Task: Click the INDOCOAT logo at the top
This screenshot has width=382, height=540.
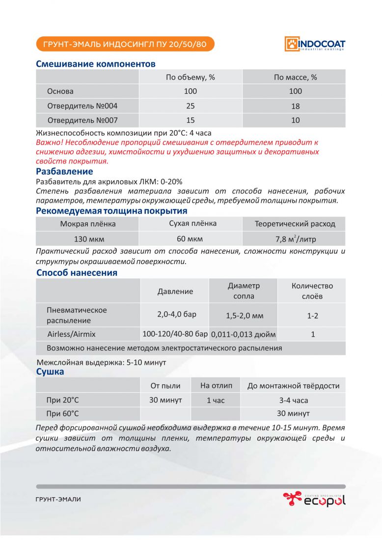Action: point(315,44)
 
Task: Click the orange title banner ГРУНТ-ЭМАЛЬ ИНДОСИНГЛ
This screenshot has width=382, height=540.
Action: point(125,44)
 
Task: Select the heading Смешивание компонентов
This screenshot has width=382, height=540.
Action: point(96,64)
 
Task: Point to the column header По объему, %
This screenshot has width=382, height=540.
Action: point(191,77)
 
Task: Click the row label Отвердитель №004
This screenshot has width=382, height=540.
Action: point(82,106)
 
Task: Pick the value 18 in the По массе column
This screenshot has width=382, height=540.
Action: point(295,106)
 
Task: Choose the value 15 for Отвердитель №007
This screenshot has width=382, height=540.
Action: point(191,120)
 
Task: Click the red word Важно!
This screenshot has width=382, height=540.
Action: point(49,142)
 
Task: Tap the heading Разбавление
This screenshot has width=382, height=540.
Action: point(64,171)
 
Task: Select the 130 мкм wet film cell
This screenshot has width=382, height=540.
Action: point(88,239)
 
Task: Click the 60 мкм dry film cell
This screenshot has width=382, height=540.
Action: point(191,239)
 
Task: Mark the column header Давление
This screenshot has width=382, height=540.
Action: point(175,291)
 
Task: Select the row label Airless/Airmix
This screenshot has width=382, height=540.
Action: point(72,334)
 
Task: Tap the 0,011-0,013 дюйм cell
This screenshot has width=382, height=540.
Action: point(244,335)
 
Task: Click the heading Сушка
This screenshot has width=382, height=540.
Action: point(50,372)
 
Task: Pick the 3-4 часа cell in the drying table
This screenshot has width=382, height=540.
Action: point(293,400)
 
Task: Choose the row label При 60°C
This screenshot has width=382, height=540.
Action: point(62,413)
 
